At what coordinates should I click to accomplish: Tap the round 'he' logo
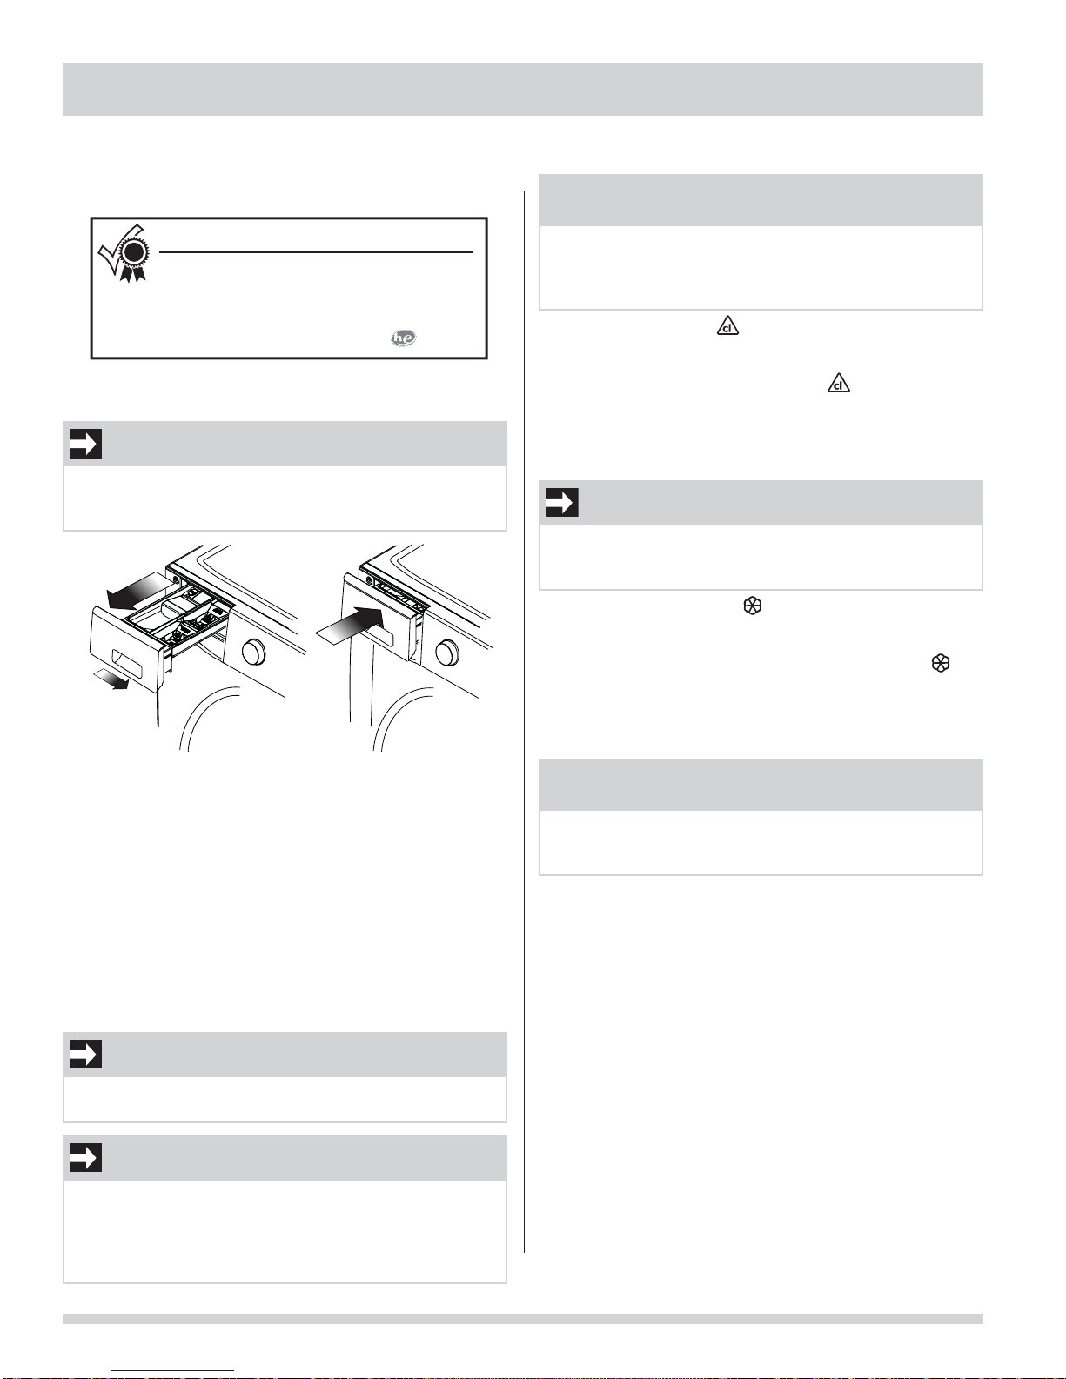click(x=404, y=338)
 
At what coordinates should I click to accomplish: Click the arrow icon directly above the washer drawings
click(x=86, y=444)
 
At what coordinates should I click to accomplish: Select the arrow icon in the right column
click(x=562, y=502)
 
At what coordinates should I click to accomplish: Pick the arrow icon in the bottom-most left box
click(x=86, y=1157)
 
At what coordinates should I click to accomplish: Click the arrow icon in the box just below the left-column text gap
click(x=86, y=1054)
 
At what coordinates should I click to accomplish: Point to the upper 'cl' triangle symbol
click(x=727, y=326)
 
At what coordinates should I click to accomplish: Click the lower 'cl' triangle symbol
click(x=839, y=383)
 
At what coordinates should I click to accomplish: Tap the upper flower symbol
click(x=752, y=606)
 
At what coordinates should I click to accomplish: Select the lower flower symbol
click(x=941, y=663)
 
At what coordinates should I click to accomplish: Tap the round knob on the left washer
click(x=253, y=652)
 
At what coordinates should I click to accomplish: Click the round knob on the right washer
click(x=447, y=651)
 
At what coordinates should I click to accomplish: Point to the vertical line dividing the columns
click(x=524, y=721)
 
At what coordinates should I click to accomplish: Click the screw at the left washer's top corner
click(x=174, y=579)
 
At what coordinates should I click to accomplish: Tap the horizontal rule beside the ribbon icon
click(x=316, y=252)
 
